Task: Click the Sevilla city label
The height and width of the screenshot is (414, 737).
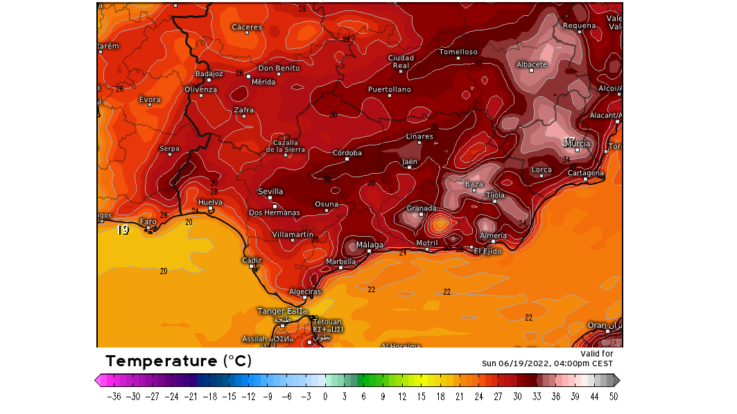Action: pos(270,192)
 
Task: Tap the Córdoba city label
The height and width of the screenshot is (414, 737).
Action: pos(347,153)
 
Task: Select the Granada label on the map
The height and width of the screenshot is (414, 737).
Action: pos(421,208)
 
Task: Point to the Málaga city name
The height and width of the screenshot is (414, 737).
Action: pos(370,245)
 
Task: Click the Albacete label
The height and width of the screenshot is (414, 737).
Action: pos(532,65)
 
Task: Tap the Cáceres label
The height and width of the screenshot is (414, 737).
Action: pos(247,28)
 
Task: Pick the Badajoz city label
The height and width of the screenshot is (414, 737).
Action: pos(209,73)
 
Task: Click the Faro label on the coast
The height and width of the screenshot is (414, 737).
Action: pos(148,222)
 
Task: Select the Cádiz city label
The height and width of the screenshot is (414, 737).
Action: pos(252,260)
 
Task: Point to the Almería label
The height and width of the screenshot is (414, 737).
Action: pos(493,236)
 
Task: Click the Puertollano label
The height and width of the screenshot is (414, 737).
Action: pos(389,90)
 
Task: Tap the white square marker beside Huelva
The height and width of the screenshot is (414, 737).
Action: pos(210,208)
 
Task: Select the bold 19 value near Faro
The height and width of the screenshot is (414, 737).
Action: pos(123,231)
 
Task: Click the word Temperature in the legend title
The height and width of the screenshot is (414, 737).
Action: pos(162,361)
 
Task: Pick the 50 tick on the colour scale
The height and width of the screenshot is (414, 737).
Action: pos(612,397)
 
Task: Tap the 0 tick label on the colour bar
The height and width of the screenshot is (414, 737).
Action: pos(325,397)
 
